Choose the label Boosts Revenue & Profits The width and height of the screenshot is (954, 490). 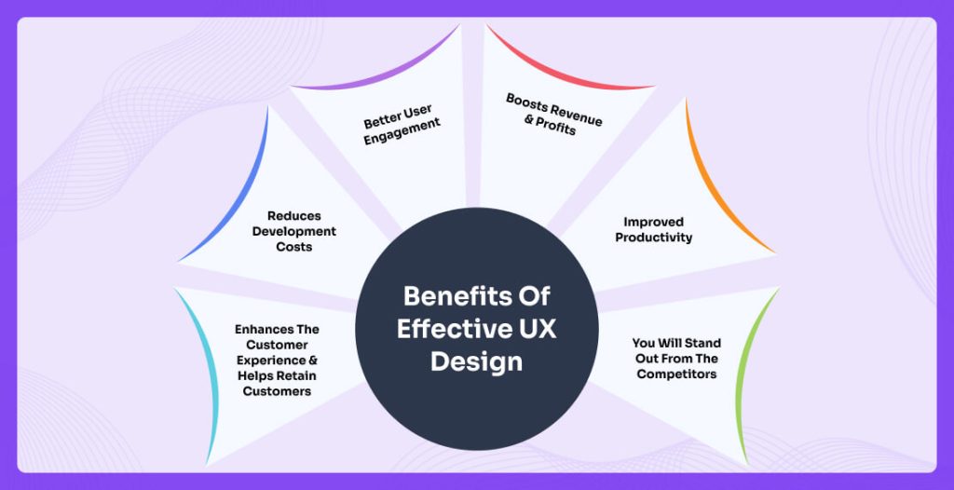(553, 114)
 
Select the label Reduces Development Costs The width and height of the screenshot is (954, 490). (293, 230)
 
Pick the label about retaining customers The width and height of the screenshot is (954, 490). (277, 360)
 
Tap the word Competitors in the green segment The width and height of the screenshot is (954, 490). (677, 374)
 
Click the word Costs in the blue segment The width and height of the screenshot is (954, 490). (293, 247)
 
